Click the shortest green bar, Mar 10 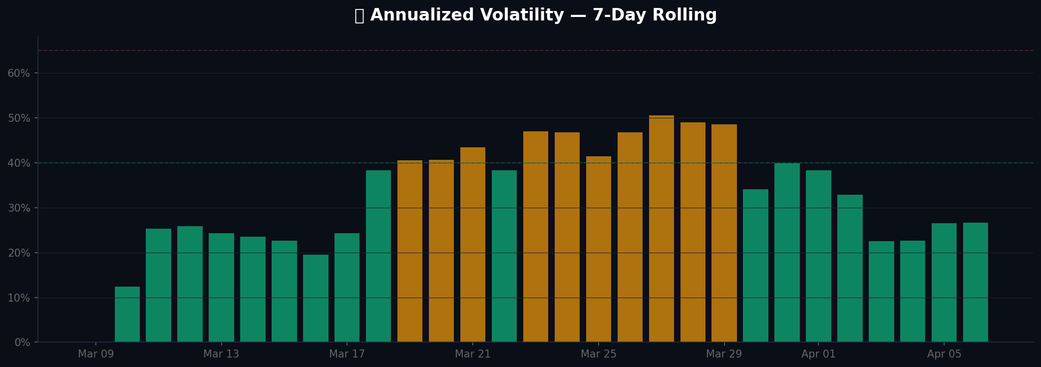[127, 315]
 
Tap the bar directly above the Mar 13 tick [221, 288]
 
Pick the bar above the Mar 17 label [347, 288]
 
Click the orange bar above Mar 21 [473, 245]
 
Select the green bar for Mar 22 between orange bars [504, 256]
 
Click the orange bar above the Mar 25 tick [599, 249]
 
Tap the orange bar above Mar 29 [724, 233]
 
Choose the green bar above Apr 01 [818, 256]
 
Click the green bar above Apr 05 [944, 283]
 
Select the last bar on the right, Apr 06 [976, 283]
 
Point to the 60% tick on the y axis [19, 73]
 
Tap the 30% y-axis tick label [19, 208]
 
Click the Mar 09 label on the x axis [96, 354]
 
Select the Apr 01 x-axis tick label [818, 354]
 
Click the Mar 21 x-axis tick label [473, 354]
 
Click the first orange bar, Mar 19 [410, 251]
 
